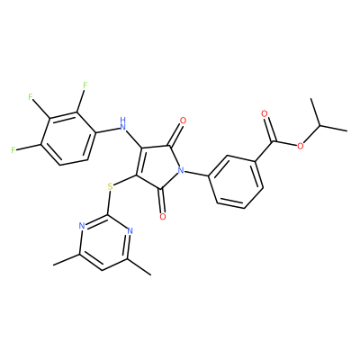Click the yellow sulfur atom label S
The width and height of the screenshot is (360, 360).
point(110,187)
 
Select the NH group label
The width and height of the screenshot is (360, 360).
point(122,123)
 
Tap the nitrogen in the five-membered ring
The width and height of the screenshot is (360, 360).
point(181,171)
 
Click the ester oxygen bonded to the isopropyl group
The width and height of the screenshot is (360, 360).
point(301,146)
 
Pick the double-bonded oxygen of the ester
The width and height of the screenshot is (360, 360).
point(265,113)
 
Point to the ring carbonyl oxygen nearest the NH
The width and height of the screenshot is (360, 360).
point(183,121)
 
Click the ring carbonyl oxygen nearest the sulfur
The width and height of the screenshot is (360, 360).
point(163,216)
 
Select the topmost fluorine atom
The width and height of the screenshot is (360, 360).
point(85,85)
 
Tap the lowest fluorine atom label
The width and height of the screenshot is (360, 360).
point(13,150)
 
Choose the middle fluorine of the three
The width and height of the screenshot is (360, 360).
point(30,96)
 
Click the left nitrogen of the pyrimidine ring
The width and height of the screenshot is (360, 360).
point(81,226)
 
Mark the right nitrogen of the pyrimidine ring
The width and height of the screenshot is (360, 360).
point(130,231)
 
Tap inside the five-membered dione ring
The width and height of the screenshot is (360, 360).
point(157,168)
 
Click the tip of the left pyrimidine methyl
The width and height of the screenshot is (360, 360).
point(53,265)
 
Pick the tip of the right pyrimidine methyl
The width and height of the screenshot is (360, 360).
point(150,274)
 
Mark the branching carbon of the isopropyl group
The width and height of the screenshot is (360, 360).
point(320,125)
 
